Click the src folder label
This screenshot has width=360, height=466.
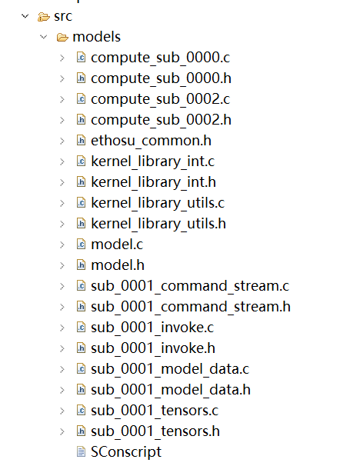tap(63, 16)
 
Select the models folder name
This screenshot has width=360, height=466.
tap(97, 37)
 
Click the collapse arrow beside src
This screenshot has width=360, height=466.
tap(25, 16)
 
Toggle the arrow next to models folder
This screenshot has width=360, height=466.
tap(44, 37)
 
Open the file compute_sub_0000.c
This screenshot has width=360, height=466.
tap(160, 58)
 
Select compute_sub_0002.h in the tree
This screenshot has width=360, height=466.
tap(161, 120)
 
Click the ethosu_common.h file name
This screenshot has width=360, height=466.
tap(151, 141)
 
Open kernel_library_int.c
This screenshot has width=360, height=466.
tap(152, 161)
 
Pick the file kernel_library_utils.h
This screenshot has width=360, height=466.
tap(158, 224)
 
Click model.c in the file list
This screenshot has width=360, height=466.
tap(117, 245)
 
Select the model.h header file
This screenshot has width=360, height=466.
tap(118, 265)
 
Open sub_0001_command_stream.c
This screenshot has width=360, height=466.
tap(190, 286)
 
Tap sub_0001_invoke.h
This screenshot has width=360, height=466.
tap(153, 348)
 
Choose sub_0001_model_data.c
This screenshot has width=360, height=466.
tap(170, 369)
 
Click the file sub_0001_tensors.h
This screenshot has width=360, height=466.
tap(155, 431)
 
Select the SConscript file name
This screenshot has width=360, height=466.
tap(126, 452)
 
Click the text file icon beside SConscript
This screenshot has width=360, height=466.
tap(81, 451)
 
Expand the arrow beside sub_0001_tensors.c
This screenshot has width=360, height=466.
tap(62, 411)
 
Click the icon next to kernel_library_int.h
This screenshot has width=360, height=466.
tap(81, 182)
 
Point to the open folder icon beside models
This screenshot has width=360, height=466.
tap(62, 37)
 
